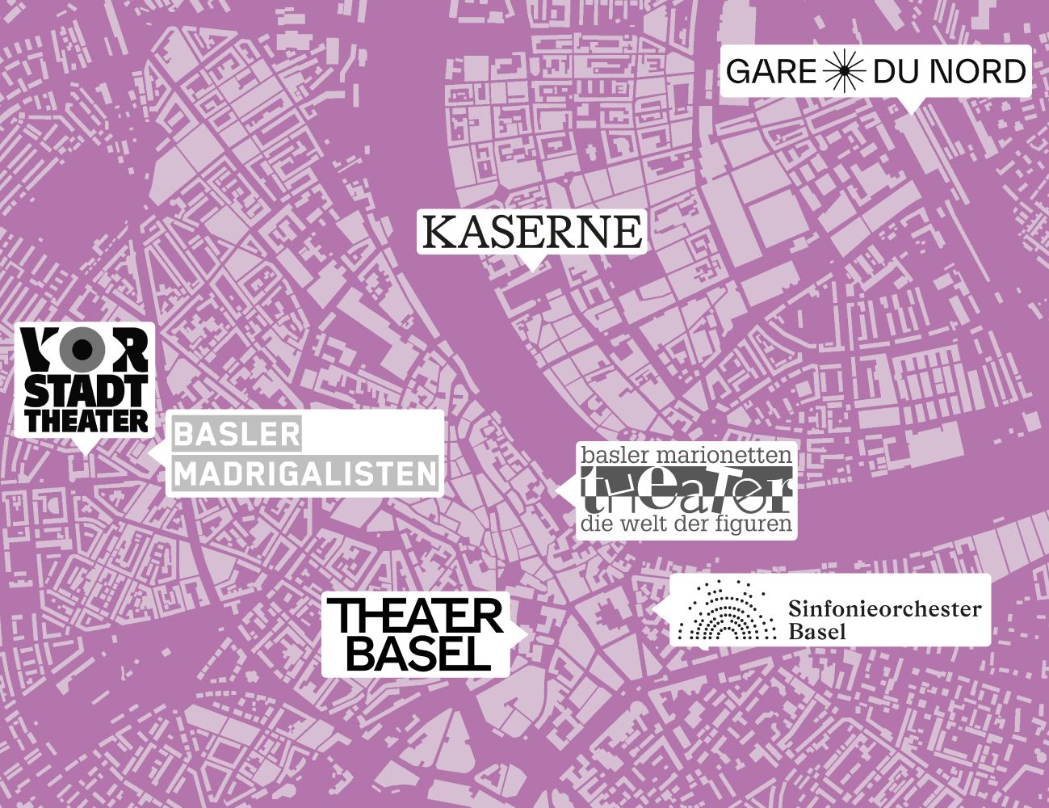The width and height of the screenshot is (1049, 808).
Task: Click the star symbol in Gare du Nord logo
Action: pyautogui.click(x=845, y=72)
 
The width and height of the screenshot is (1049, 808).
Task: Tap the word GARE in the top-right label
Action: pyautogui.click(x=772, y=72)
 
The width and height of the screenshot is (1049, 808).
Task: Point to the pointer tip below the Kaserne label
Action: pyautogui.click(x=531, y=267)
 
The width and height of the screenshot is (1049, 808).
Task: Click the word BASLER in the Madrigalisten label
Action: pyautogui.click(x=237, y=435)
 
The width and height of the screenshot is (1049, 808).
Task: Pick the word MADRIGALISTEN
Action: pyautogui.click(x=305, y=474)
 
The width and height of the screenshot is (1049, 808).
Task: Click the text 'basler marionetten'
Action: pyautogui.click(x=686, y=456)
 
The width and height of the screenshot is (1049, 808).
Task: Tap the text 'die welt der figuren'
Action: pyautogui.click(x=686, y=524)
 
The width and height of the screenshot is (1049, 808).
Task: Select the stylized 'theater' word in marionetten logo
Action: pyautogui.click(x=686, y=490)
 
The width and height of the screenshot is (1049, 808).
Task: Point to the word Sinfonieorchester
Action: pyautogui.click(x=884, y=608)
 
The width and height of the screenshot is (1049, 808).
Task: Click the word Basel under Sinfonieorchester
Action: pyautogui.click(x=816, y=631)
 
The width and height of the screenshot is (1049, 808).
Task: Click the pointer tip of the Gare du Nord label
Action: pyautogui.click(x=912, y=111)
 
